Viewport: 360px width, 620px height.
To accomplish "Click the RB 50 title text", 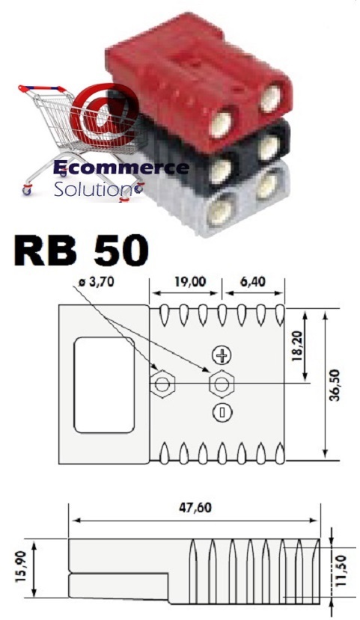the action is [81, 251].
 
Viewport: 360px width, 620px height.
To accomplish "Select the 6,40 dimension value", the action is [253, 281].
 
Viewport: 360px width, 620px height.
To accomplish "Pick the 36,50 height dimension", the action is [335, 385].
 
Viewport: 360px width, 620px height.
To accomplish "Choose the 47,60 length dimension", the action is [195, 507].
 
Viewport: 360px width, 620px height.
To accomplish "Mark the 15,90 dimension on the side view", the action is [22, 568].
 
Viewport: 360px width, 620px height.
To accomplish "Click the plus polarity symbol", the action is [222, 355].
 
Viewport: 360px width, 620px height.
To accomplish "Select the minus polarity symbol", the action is [222, 412].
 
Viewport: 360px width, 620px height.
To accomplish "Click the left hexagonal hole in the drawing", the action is [162, 384].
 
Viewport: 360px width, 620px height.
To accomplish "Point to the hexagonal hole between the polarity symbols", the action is [222, 384].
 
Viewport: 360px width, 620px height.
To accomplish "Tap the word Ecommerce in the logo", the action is [121, 168].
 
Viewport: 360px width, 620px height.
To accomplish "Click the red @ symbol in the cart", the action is [104, 114].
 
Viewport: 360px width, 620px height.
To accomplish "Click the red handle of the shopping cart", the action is [42, 88].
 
